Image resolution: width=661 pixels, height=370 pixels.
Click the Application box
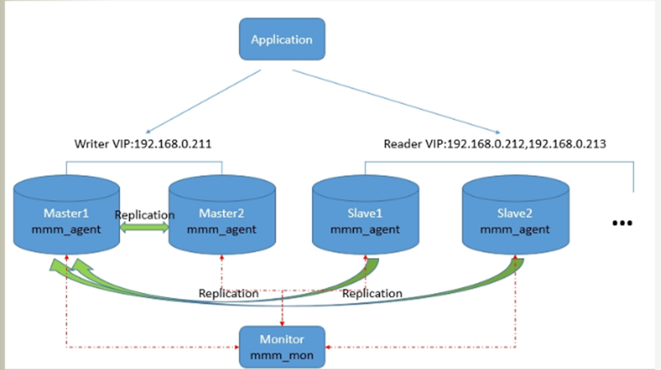(282, 39)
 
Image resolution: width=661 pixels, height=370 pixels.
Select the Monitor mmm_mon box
(282, 347)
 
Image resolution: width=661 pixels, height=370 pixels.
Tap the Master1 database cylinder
(66, 214)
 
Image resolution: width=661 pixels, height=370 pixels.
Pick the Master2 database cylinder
(222, 214)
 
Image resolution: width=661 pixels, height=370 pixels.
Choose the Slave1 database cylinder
(365, 214)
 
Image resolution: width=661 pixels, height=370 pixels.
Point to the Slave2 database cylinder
(516, 214)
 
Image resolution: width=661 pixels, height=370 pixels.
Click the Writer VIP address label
(143, 144)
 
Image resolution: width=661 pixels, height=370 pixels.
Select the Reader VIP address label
(495, 144)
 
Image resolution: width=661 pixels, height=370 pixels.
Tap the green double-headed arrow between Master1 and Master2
(144, 228)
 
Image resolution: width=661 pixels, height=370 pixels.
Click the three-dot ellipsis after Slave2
(622, 223)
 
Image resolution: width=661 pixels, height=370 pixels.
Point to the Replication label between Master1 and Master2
(144, 214)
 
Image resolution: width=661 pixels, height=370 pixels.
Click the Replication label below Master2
(228, 294)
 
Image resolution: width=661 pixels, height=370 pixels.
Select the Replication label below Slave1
(372, 294)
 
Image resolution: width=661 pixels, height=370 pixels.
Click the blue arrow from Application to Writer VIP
(203, 101)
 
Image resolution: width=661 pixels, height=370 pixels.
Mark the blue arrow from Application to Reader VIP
(397, 102)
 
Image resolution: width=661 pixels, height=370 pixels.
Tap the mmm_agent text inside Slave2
(515, 230)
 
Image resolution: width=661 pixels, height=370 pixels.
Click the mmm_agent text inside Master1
(66, 230)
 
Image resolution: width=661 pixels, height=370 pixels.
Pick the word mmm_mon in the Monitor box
(282, 356)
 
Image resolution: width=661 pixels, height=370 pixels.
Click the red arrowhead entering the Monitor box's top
(282, 323)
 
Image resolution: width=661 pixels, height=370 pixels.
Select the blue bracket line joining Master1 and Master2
(144, 162)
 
